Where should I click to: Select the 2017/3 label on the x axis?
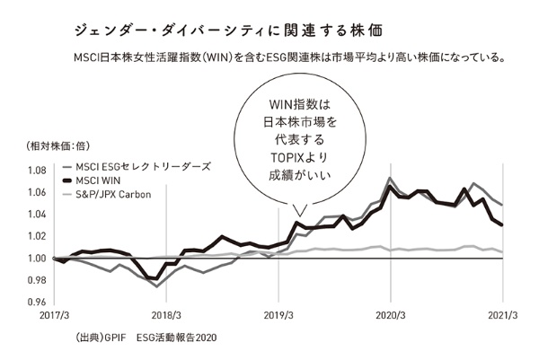pyautogui.click(x=55, y=315)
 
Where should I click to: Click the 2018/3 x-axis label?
pyautogui.click(x=166, y=315)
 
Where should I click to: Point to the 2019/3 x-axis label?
pyautogui.click(x=278, y=315)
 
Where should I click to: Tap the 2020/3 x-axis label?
pyautogui.click(x=390, y=315)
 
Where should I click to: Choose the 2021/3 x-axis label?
pyautogui.click(x=501, y=315)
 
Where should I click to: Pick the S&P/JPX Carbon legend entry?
pyautogui.click(x=113, y=194)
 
